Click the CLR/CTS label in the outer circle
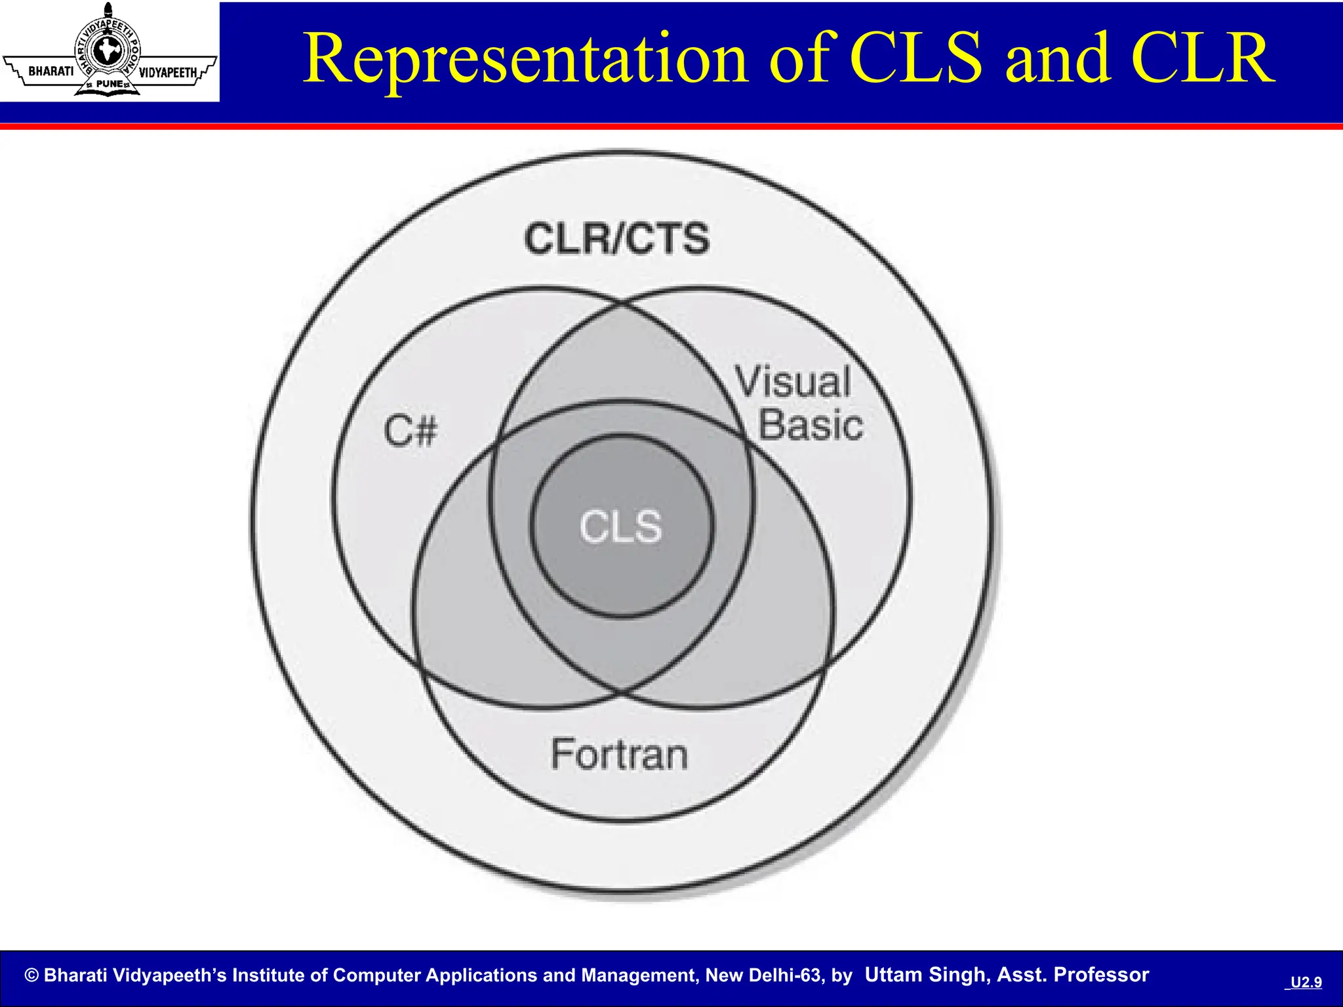click(x=616, y=239)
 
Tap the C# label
click(x=411, y=431)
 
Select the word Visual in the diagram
click(x=793, y=382)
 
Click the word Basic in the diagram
click(x=811, y=425)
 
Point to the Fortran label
click(x=619, y=754)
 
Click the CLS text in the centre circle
click(x=620, y=526)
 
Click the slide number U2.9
click(x=1306, y=982)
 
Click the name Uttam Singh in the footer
click(x=925, y=975)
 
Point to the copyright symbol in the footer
click(x=31, y=976)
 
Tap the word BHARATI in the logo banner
click(x=51, y=71)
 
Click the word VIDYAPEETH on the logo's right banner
click(x=168, y=72)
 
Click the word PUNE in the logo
click(x=109, y=84)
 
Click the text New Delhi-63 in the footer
click(x=763, y=976)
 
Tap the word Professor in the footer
click(x=1101, y=975)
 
